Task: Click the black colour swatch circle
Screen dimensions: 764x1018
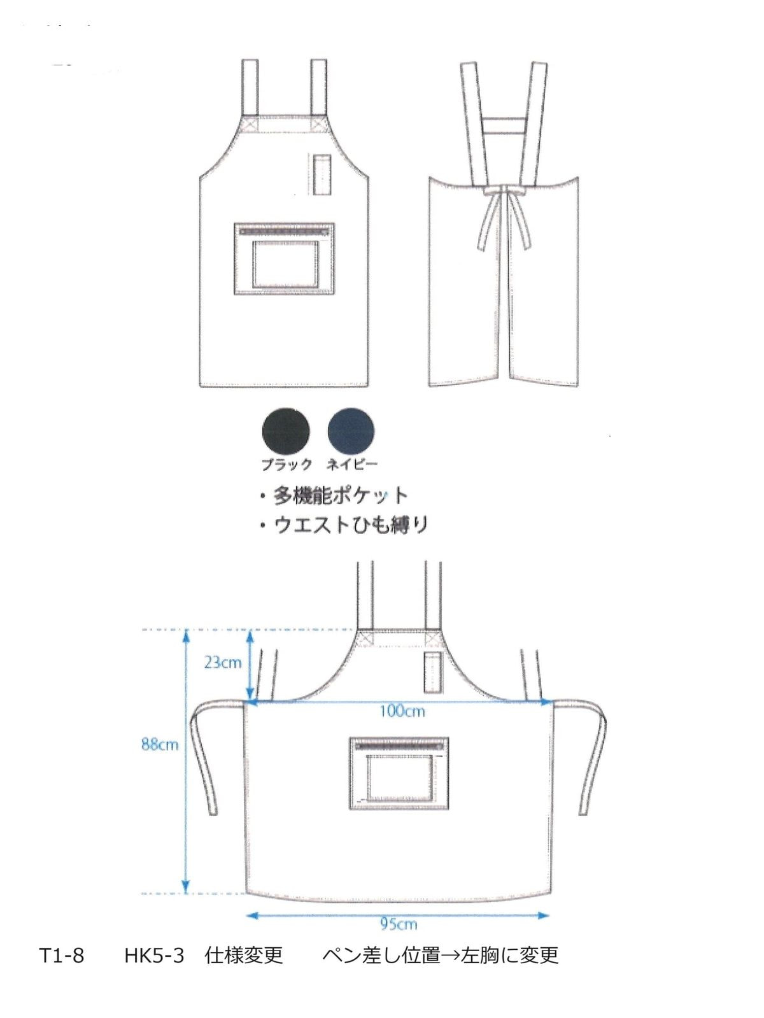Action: (x=286, y=431)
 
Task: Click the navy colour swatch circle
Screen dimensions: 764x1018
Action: (x=351, y=431)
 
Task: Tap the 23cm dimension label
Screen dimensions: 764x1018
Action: (x=223, y=662)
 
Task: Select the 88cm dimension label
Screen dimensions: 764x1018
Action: (x=159, y=744)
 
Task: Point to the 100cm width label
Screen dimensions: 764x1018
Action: (x=402, y=711)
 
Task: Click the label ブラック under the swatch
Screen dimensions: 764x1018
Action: (x=286, y=464)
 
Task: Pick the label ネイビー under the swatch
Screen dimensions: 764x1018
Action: (x=352, y=464)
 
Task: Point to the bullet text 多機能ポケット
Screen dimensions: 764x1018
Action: (x=340, y=496)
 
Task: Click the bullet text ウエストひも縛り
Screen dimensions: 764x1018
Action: (x=350, y=525)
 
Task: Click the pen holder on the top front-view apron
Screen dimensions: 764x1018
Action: (x=322, y=174)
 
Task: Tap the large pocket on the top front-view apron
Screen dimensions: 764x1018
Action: (x=284, y=258)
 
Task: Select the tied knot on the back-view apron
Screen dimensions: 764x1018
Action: (x=503, y=190)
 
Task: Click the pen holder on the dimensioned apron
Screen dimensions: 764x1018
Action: (x=432, y=672)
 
